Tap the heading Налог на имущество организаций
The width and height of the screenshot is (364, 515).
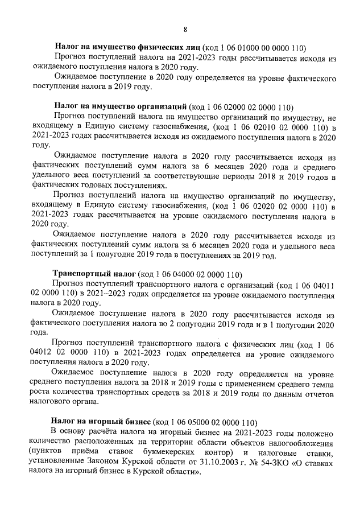point(120,106)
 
